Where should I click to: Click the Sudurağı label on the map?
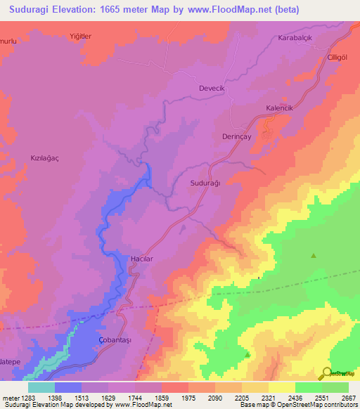click(206, 183)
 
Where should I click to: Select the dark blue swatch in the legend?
click(68, 387)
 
